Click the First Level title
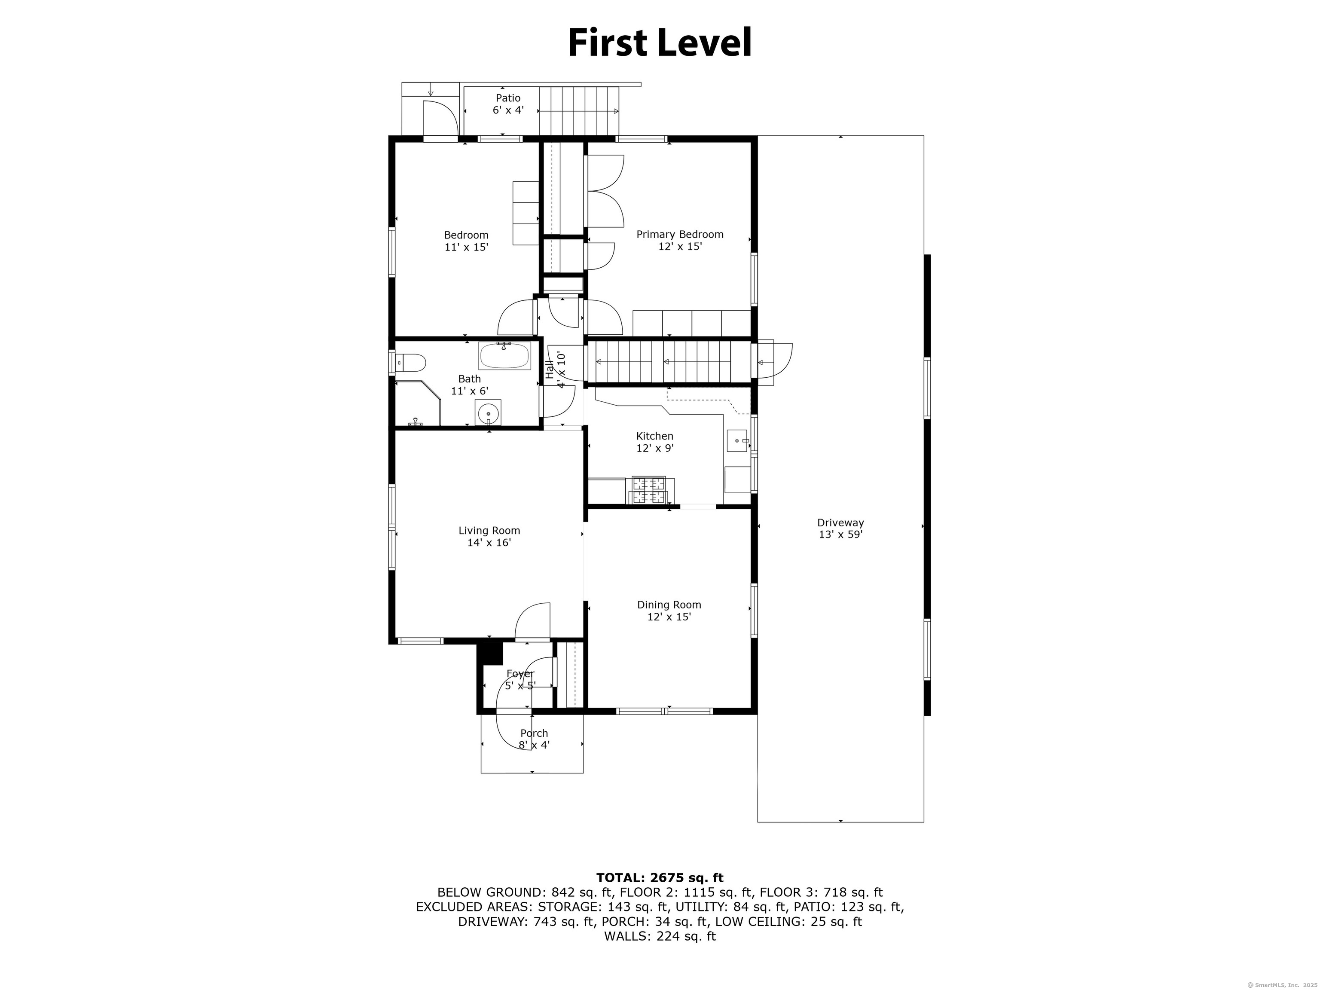(x=660, y=43)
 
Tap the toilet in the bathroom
(x=412, y=362)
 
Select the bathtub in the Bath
(x=504, y=356)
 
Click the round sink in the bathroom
(x=489, y=412)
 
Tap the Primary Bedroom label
(x=680, y=235)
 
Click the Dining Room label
(x=669, y=605)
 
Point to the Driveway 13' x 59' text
(x=840, y=535)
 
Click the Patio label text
(x=508, y=98)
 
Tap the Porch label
(x=534, y=733)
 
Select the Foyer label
(x=520, y=674)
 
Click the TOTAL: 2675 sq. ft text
(x=660, y=878)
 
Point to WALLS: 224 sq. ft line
(x=660, y=936)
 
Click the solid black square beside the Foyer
(x=491, y=653)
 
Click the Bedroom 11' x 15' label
(x=466, y=241)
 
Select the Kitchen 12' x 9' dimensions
(x=655, y=448)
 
